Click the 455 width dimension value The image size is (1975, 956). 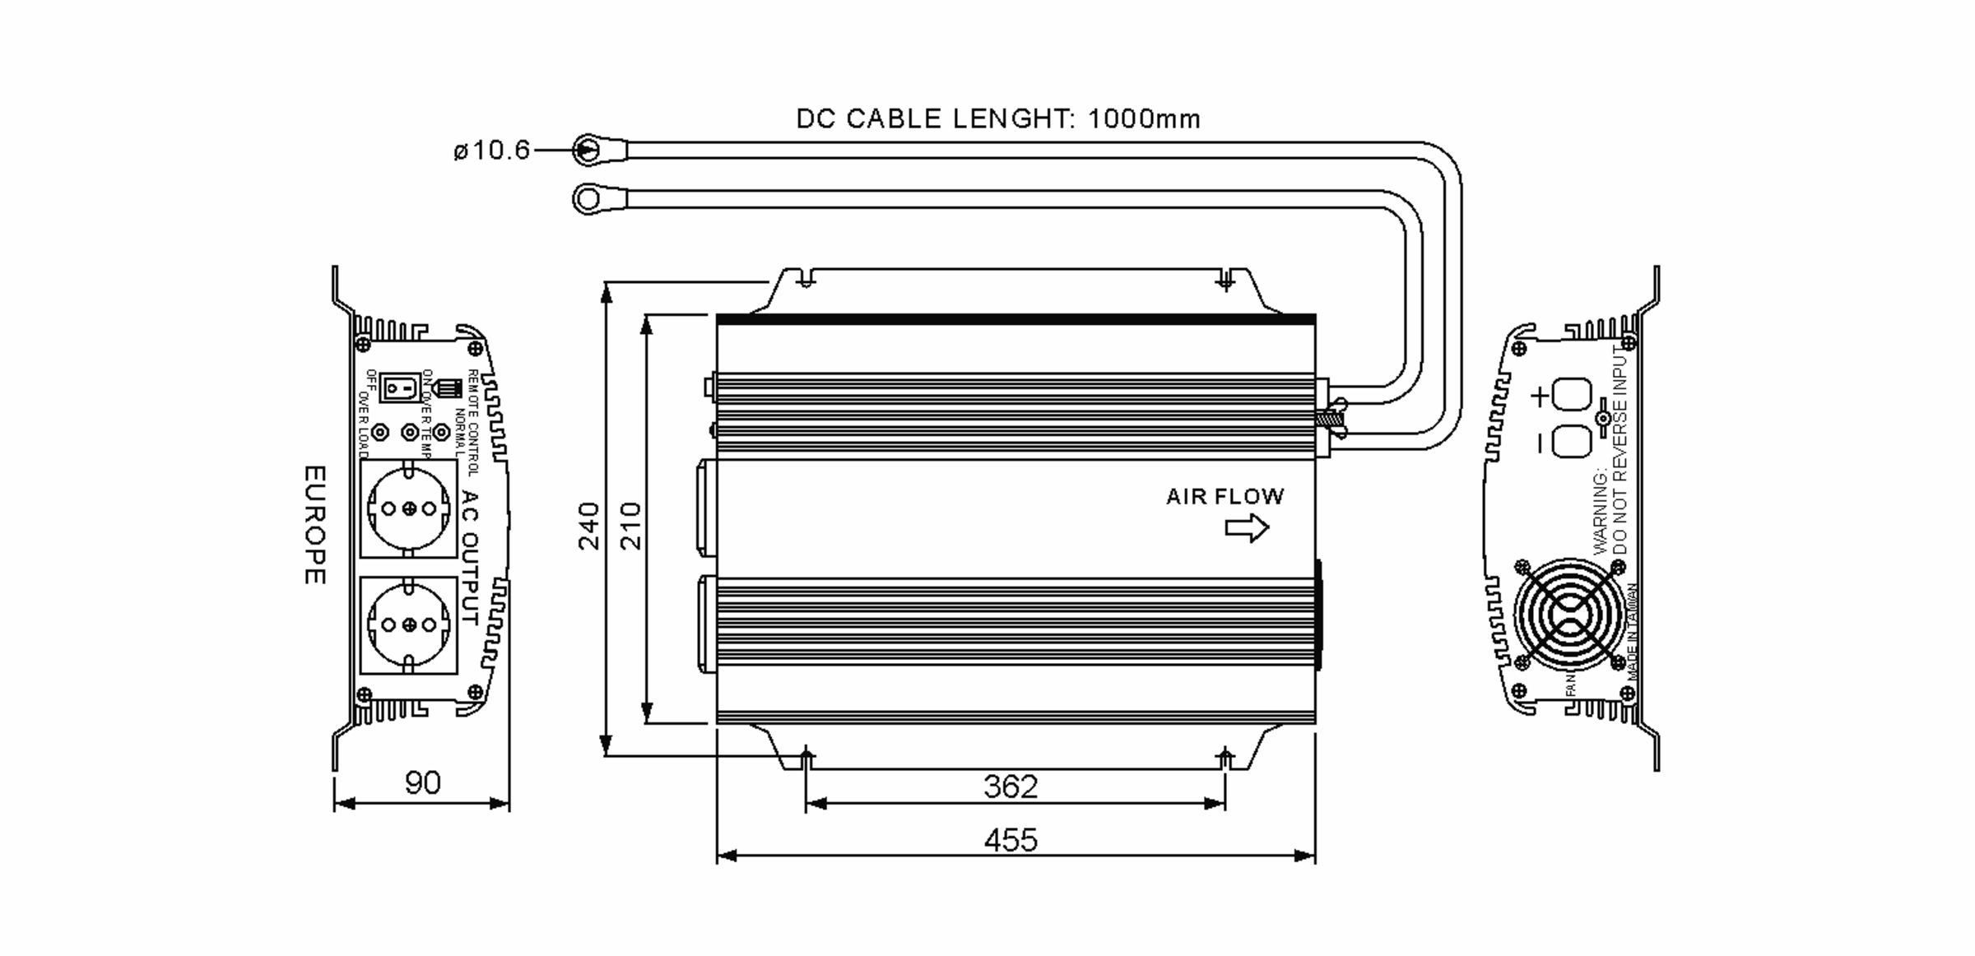(x=1011, y=840)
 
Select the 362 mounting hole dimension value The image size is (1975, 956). (x=1011, y=787)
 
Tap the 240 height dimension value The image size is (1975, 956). (x=589, y=526)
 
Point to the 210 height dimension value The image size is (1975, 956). (x=630, y=526)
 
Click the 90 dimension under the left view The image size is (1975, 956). (x=422, y=782)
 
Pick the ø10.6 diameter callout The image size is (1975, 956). (x=491, y=151)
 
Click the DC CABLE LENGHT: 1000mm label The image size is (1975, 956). (x=997, y=119)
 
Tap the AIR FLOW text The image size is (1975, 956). (x=1224, y=497)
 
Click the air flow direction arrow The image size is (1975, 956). (x=1247, y=528)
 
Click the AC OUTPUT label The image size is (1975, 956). (x=470, y=557)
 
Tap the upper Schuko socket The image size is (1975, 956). (x=409, y=508)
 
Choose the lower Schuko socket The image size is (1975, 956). (x=409, y=625)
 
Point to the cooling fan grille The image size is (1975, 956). (x=1569, y=614)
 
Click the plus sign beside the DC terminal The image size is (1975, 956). (x=1540, y=397)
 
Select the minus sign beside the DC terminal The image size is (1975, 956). (x=1540, y=443)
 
